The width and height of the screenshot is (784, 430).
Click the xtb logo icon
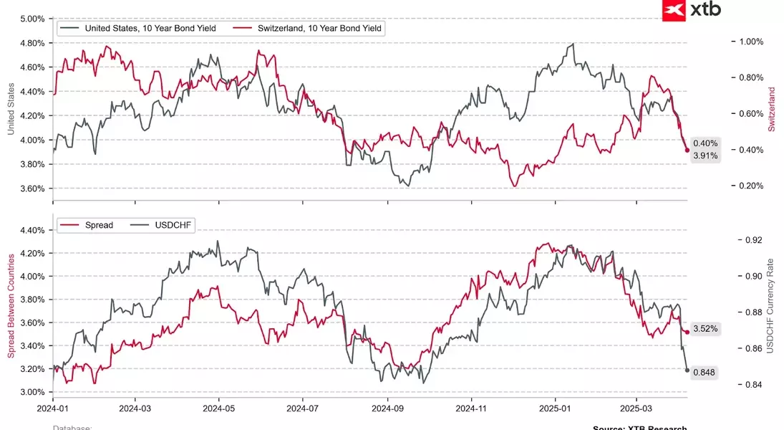click(674, 10)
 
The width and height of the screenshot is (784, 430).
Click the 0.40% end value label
click(705, 143)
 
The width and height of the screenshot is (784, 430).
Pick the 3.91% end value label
click(705, 156)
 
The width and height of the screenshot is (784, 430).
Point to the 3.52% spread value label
click(705, 329)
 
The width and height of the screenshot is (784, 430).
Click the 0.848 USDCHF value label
click(705, 372)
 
